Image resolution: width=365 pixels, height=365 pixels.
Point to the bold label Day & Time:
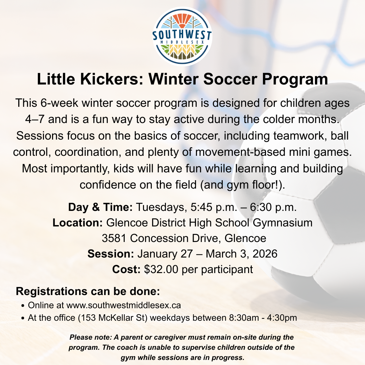click(100, 207)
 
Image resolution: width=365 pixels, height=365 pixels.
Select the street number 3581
click(115, 238)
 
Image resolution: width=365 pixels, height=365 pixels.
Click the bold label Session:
click(111, 254)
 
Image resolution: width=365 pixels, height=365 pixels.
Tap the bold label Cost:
click(126, 269)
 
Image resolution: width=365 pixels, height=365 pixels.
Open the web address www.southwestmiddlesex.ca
click(124, 306)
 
